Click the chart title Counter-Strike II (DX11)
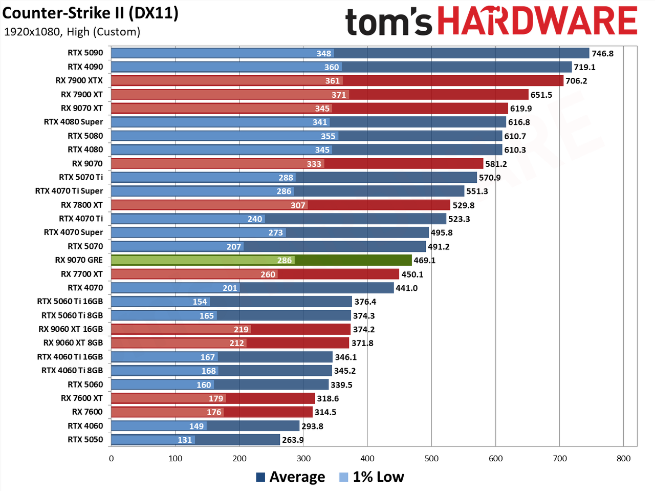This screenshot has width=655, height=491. click(x=90, y=13)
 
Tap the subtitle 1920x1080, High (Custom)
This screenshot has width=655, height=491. click(x=72, y=32)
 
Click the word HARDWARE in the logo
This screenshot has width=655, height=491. click(x=538, y=21)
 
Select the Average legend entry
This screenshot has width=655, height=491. click(x=291, y=477)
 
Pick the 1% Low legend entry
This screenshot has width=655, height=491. click(x=372, y=477)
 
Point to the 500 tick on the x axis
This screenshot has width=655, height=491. click(x=431, y=458)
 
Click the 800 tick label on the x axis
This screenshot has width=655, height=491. click(x=623, y=458)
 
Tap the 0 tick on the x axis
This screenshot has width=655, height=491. click(x=112, y=458)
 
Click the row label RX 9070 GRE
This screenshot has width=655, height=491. click(x=79, y=260)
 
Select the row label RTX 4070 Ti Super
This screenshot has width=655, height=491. click(x=69, y=191)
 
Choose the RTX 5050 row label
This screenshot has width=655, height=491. click(x=85, y=439)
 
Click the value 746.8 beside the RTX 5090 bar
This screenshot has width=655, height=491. click(x=602, y=53)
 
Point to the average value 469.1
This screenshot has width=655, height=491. click(x=424, y=260)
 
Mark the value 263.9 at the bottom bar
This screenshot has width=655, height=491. click(x=293, y=440)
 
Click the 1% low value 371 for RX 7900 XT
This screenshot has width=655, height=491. click(x=339, y=95)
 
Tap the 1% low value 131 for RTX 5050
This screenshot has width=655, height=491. click(x=185, y=440)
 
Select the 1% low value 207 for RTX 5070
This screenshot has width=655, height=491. click(x=234, y=247)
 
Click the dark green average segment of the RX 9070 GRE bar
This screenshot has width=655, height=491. click(x=353, y=260)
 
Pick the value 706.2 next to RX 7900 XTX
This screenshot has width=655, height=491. click(x=576, y=81)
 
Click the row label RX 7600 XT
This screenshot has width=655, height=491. click(x=82, y=398)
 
